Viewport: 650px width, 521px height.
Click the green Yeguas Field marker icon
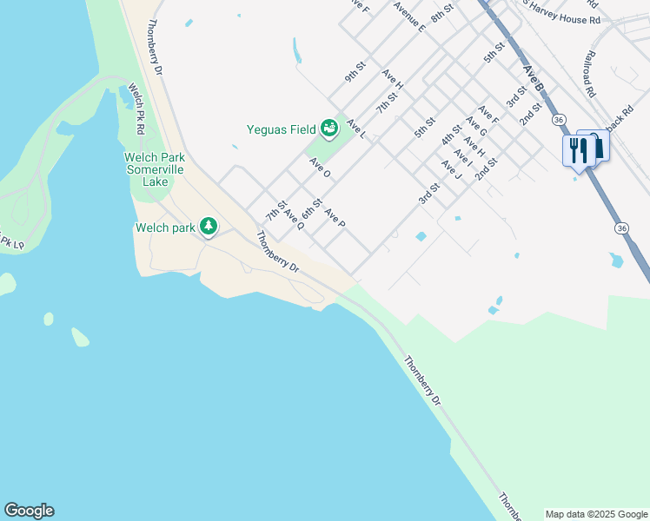click(x=329, y=129)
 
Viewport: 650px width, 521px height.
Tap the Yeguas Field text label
click(x=281, y=129)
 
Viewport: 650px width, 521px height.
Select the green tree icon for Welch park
click(x=209, y=227)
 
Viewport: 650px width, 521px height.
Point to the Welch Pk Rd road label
click(x=136, y=108)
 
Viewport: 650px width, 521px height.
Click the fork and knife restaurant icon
click(x=577, y=149)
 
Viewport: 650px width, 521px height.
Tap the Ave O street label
click(x=320, y=168)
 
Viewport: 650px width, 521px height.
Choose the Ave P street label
click(x=335, y=219)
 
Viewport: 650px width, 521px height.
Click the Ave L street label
click(x=356, y=129)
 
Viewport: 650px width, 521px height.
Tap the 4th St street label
click(x=450, y=135)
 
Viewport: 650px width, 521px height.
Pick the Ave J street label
click(x=450, y=169)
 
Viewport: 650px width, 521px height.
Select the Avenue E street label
click(x=408, y=16)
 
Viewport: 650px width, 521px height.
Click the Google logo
click(x=29, y=511)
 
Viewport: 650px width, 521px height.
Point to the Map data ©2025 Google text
click(x=596, y=514)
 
